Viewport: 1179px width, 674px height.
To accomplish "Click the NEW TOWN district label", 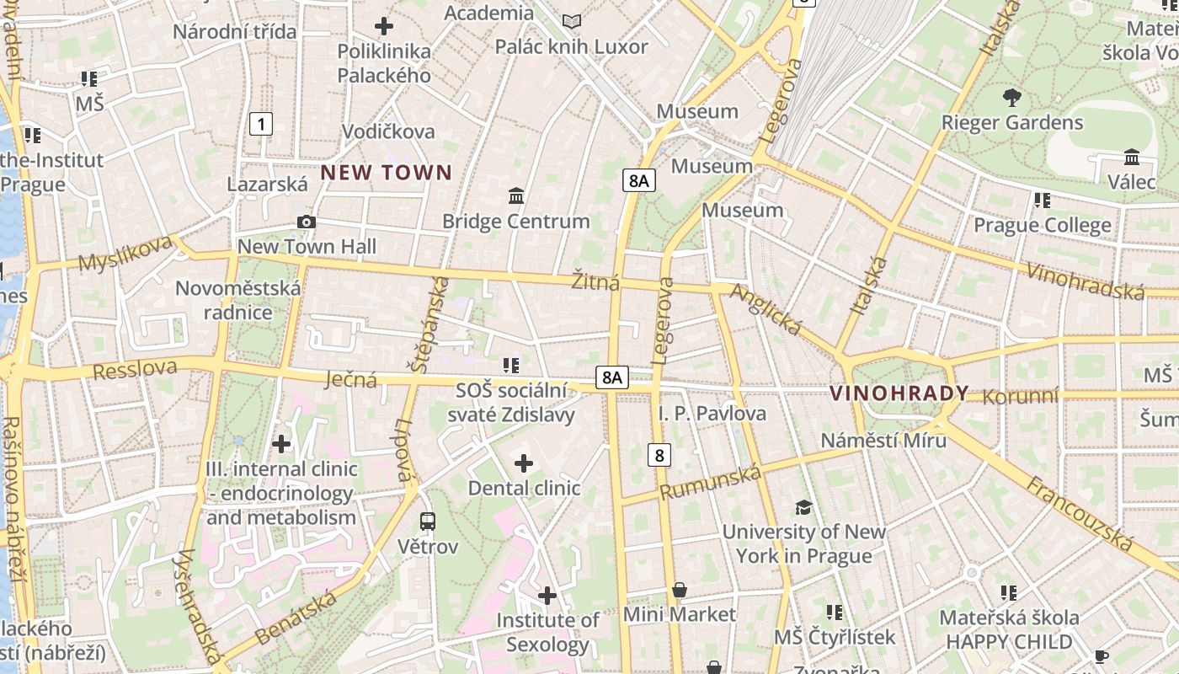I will [x=387, y=174].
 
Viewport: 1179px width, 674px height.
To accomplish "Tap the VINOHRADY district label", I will [x=899, y=393].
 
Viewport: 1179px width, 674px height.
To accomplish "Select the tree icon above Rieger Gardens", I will [x=1012, y=97].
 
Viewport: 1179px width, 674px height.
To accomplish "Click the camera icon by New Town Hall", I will [x=307, y=222].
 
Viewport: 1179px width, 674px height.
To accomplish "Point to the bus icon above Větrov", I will [x=428, y=521].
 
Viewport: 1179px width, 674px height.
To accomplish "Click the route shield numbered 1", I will [x=262, y=125].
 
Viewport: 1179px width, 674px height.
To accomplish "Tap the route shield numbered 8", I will [x=659, y=456].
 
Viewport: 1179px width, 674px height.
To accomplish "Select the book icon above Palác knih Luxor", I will [x=572, y=21].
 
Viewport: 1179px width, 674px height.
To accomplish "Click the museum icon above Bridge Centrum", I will [x=516, y=196].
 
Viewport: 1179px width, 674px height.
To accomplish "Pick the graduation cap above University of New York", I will [x=803, y=507].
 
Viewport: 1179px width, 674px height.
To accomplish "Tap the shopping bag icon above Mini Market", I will [x=680, y=590].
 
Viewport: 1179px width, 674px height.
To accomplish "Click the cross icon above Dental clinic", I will [x=524, y=463].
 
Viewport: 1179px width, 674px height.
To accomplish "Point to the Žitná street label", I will [x=595, y=281].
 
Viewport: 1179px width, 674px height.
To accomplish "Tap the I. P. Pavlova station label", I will [x=712, y=413].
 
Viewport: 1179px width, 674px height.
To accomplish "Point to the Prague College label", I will [x=1043, y=226].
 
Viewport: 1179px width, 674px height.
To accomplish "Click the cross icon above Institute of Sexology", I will [x=547, y=596].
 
